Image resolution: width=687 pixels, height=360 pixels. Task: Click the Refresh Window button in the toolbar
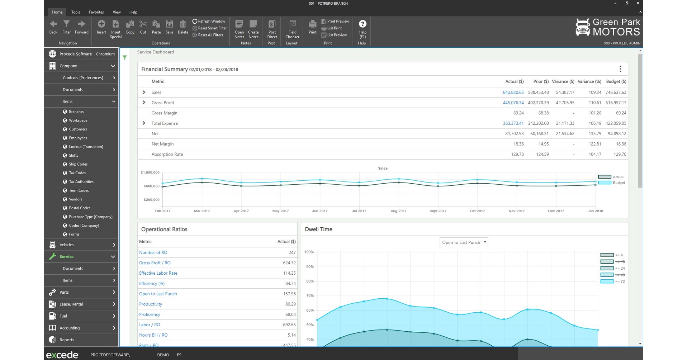(209, 21)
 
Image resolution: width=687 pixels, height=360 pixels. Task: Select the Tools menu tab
(76, 12)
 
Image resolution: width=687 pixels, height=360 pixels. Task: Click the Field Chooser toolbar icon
(292, 28)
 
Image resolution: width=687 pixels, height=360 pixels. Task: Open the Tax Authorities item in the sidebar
(81, 182)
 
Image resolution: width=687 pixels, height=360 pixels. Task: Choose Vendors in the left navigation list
(75, 199)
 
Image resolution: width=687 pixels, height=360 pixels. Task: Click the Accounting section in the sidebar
(70, 328)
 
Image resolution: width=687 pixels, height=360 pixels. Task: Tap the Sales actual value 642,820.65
(513, 93)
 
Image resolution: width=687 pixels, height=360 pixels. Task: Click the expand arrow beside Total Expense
(144, 123)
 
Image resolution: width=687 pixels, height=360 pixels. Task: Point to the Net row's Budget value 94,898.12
(617, 134)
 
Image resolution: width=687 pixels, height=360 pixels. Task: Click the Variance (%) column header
(589, 82)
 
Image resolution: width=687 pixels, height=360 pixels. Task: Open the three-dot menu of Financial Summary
(620, 69)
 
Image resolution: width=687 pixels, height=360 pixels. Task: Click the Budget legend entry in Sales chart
(612, 183)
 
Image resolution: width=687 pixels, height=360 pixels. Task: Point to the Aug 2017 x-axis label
(398, 211)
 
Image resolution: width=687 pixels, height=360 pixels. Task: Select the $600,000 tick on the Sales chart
(151, 186)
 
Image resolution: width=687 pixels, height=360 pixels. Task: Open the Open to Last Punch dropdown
(464, 242)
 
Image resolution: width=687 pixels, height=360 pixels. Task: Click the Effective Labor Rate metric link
(158, 273)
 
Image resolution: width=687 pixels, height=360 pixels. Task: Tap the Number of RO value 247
(292, 253)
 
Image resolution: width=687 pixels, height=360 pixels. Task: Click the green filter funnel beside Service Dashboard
(125, 58)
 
